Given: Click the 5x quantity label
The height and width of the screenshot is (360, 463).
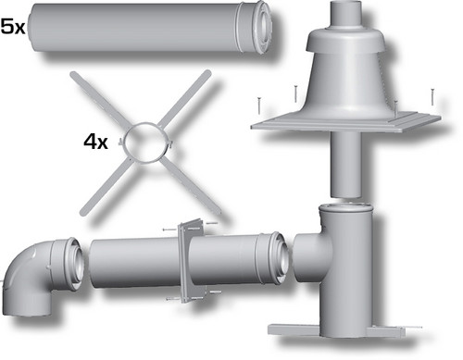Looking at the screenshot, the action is tap(13, 26).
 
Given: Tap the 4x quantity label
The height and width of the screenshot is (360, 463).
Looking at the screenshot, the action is tap(95, 143).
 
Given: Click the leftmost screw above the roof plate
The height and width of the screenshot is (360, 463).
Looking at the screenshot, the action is tap(258, 106).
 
